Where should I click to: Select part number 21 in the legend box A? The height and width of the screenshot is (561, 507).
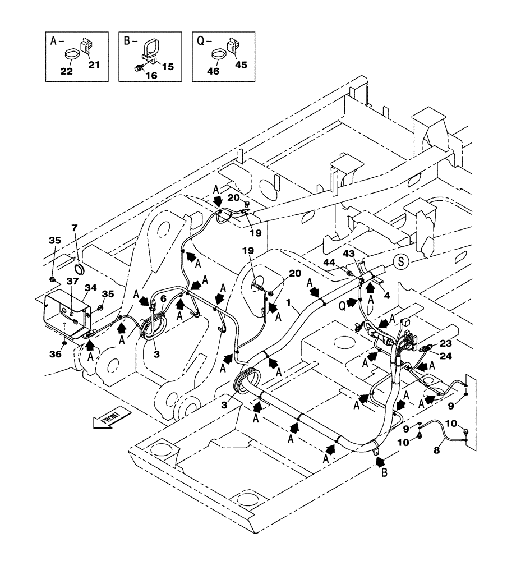point(94,65)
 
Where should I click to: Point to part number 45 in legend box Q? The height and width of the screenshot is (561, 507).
point(240,65)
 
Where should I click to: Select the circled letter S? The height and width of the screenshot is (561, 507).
point(400,261)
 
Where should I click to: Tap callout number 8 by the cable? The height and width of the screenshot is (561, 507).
point(436,449)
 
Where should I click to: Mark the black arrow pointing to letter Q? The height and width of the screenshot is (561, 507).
point(352,302)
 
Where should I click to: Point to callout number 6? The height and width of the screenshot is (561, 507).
point(163,300)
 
